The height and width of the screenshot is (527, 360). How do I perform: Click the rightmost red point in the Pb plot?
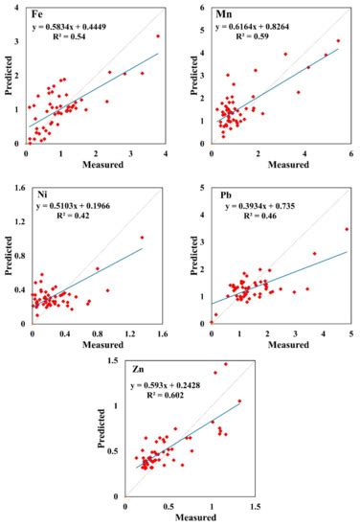346,229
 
